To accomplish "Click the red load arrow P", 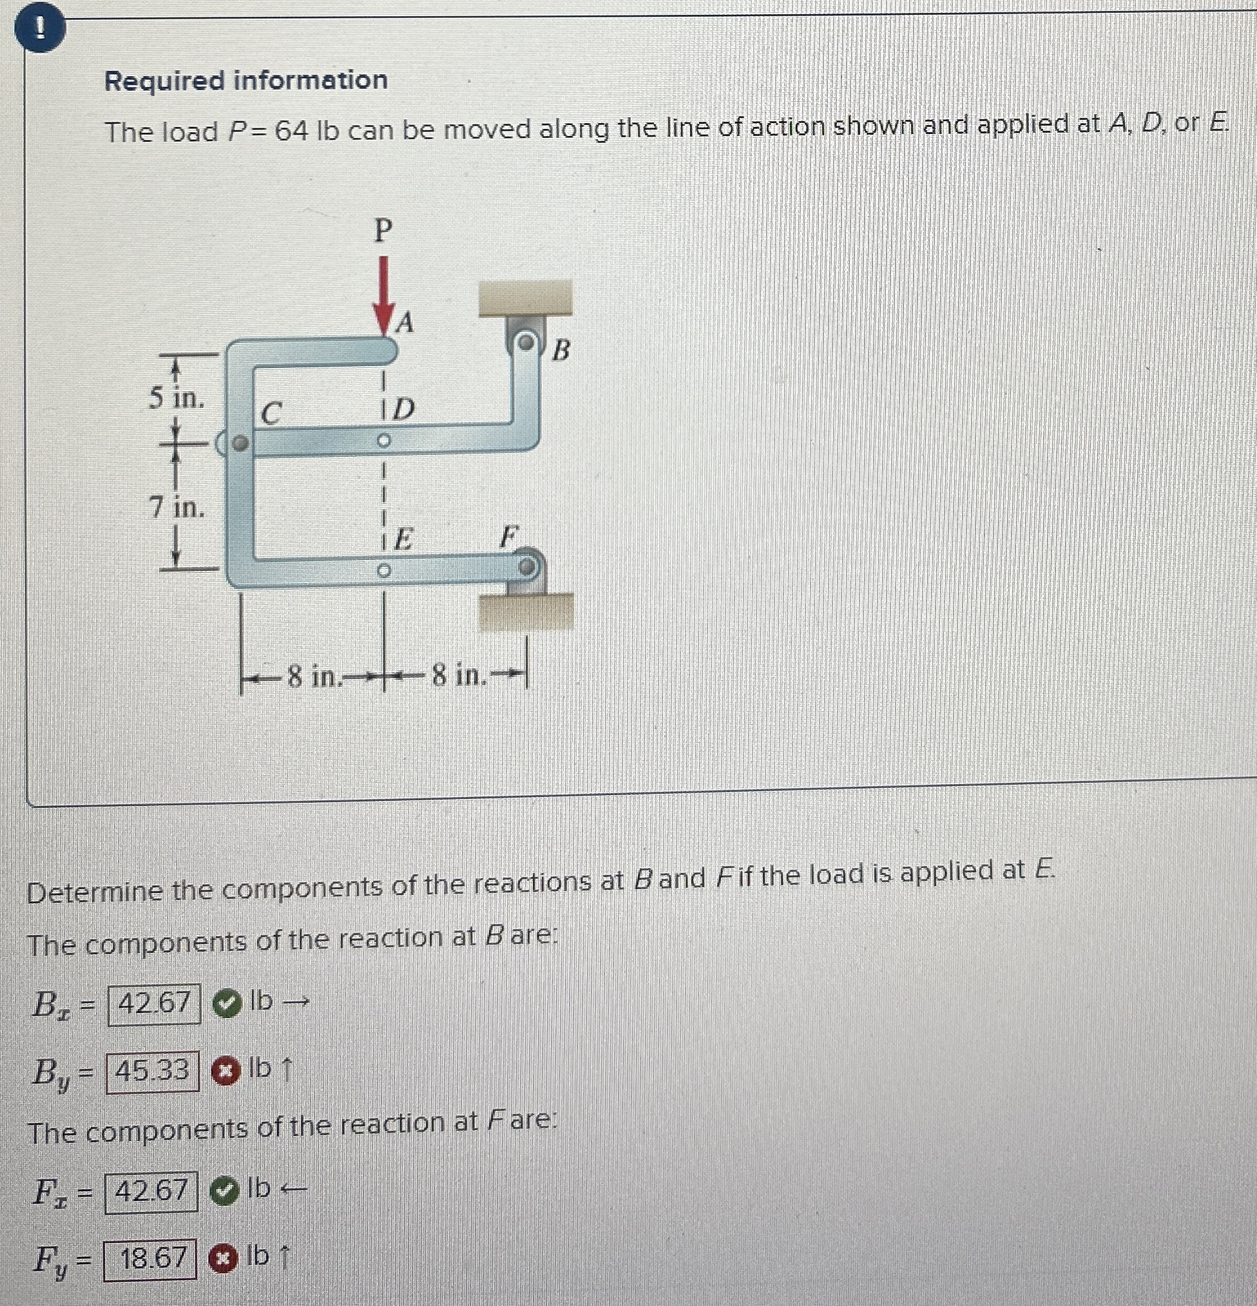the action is (382, 293).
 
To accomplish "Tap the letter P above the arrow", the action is (382, 231).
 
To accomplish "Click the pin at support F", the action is (526, 567).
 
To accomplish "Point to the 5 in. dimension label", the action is (176, 398).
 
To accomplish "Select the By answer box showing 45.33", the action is (153, 1071).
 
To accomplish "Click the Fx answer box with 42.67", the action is (152, 1191).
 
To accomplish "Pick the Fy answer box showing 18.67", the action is (151, 1259).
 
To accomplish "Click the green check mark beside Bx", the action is (227, 1003).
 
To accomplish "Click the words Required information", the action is (247, 81).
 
